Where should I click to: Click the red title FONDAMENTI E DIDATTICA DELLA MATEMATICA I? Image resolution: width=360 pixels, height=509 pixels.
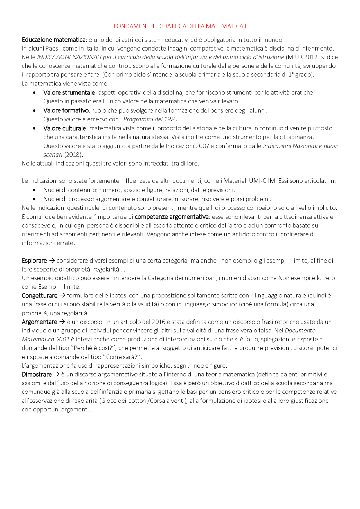(180, 26)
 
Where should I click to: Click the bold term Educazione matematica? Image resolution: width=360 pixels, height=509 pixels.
(53, 40)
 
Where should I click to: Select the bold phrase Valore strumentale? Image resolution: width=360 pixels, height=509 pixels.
(69, 92)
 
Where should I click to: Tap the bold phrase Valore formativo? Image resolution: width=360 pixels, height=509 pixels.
(66, 110)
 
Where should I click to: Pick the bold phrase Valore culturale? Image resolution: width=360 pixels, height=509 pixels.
(65, 128)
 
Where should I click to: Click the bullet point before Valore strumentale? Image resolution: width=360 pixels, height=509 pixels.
(34, 93)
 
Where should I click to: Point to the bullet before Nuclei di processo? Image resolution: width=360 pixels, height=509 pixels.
(34, 199)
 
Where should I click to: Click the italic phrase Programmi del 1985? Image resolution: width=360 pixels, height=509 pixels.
(150, 119)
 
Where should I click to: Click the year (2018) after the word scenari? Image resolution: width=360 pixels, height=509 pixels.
(73, 155)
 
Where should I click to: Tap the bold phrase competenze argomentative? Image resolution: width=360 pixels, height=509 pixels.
(172, 217)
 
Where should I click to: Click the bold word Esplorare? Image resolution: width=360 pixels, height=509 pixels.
(34, 261)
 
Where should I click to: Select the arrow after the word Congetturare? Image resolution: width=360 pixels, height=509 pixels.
(62, 295)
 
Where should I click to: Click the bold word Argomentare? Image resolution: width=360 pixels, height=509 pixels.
(39, 322)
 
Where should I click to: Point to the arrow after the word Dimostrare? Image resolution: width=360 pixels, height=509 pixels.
(57, 374)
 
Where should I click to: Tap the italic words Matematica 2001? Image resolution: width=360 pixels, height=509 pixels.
(45, 339)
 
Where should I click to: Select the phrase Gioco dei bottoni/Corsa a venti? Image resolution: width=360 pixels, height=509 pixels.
(143, 401)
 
